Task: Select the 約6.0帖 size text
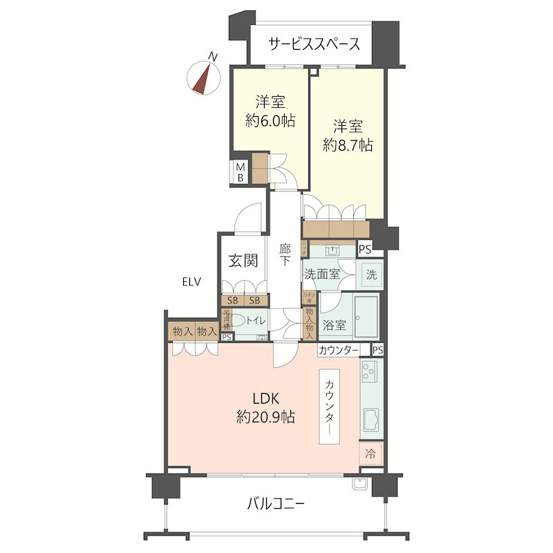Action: [270, 120]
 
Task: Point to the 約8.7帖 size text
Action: [348, 145]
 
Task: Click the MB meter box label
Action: [240, 172]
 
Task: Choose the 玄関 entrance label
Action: [243, 261]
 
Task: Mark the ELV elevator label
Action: [191, 281]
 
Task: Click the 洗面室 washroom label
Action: [322, 274]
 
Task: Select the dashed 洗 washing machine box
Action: [371, 274]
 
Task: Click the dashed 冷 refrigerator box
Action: [371, 454]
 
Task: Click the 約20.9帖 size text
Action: [266, 417]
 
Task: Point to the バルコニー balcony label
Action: [275, 503]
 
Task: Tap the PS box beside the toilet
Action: [227, 337]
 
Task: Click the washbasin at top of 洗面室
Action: [332, 250]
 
